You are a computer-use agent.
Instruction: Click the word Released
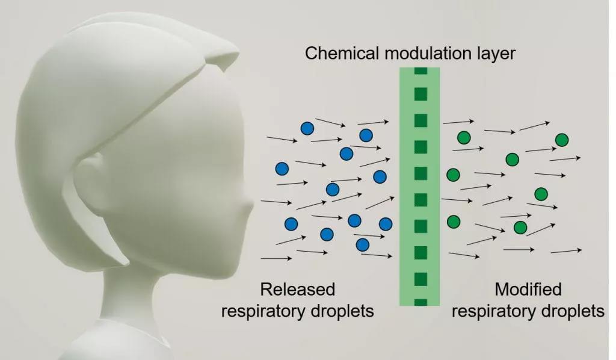297,290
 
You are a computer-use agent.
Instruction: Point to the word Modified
528,290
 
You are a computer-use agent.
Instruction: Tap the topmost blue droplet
307,128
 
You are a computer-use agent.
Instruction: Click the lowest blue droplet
362,244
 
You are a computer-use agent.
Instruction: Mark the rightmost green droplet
562,140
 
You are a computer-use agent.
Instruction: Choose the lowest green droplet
520,228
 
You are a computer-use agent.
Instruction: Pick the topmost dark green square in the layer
420,70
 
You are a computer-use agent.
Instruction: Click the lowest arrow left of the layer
276,258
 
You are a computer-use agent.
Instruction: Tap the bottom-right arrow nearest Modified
565,250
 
